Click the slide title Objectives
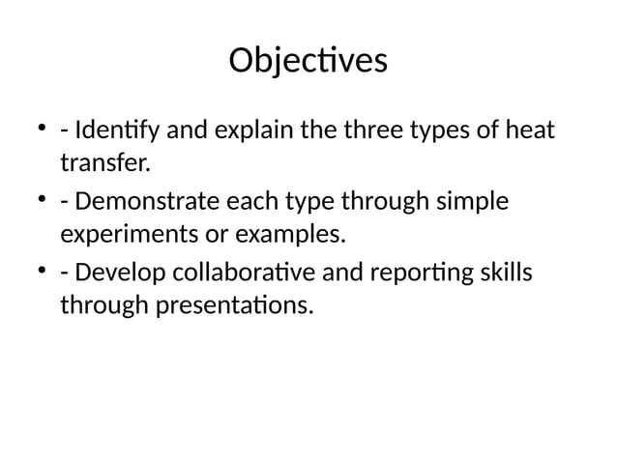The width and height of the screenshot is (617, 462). [308, 61]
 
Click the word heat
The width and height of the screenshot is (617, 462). [533, 129]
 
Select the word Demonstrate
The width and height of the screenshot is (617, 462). [141, 202]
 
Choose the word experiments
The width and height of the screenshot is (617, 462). [122, 235]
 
